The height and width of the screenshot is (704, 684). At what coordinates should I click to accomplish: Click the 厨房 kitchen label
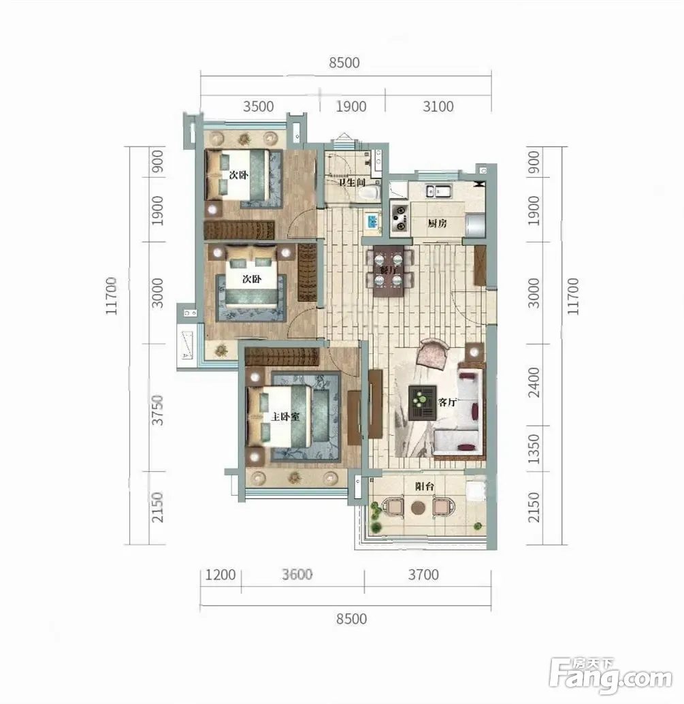click(x=437, y=223)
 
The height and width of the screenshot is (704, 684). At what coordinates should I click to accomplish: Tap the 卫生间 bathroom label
click(x=352, y=182)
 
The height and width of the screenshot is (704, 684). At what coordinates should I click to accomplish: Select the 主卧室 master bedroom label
click(x=285, y=417)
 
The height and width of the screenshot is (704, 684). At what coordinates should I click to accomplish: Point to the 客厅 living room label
click(x=446, y=402)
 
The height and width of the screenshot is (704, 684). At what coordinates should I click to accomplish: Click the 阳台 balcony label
click(x=424, y=486)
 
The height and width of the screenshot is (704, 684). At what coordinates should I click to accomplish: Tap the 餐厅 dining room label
click(x=389, y=271)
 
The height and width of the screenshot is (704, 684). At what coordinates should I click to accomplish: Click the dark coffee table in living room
click(x=422, y=402)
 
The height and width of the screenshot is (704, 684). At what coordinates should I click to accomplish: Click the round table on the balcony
click(x=418, y=507)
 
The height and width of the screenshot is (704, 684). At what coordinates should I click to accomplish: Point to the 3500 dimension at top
click(x=259, y=106)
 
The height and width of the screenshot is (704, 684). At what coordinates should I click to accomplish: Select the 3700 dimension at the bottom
click(x=423, y=575)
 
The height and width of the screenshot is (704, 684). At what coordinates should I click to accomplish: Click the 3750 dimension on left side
click(x=157, y=411)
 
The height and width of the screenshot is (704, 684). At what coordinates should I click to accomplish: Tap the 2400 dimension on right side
click(x=534, y=383)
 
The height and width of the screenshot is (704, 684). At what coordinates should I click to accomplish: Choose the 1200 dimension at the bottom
click(x=221, y=575)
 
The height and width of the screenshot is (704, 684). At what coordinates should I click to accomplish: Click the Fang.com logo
click(x=611, y=676)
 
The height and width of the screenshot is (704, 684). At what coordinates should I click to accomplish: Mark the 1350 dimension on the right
click(x=534, y=449)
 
